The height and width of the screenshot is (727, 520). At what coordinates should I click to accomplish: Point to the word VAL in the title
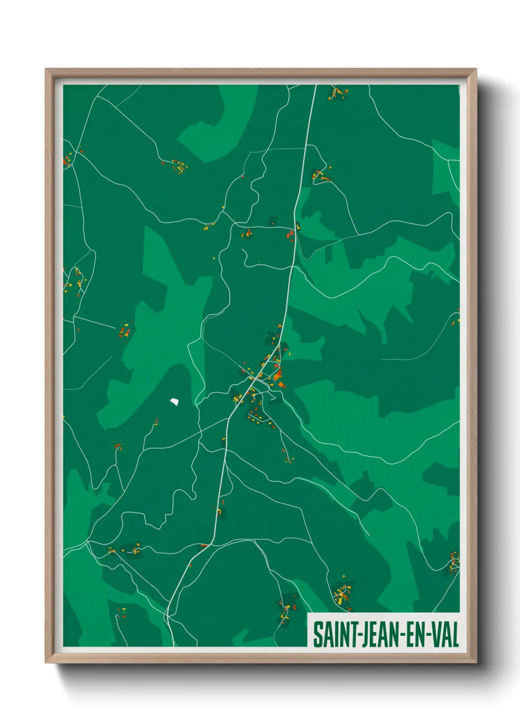(x=445, y=635)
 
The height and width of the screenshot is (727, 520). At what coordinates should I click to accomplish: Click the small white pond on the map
(x=174, y=402)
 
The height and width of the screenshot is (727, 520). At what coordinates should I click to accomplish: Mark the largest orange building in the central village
(x=278, y=377)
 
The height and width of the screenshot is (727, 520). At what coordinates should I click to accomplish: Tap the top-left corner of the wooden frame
(x=46, y=70)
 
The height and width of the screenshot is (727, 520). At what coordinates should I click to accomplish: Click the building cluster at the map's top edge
(x=338, y=92)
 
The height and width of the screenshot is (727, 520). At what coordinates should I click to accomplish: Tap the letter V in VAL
(x=435, y=635)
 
